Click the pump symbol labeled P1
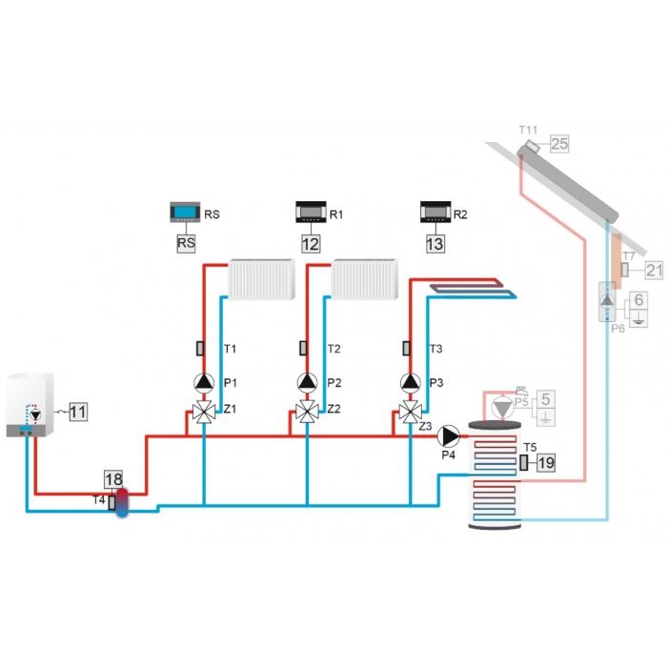click(204, 382)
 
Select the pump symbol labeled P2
click(307, 382)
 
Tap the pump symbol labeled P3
click(411, 382)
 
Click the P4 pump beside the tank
click(449, 436)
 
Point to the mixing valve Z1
click(204, 412)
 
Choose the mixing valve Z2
click(307, 412)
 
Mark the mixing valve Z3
click(411, 412)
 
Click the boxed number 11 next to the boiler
click(78, 412)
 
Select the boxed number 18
click(113, 479)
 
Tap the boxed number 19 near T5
click(546, 462)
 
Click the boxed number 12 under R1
click(311, 244)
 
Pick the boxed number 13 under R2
click(435, 244)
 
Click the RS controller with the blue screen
click(185, 212)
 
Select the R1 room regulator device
click(311, 212)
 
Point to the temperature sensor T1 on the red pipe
click(199, 349)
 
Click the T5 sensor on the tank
click(524, 462)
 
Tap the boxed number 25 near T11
click(559, 144)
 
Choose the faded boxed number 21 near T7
click(655, 271)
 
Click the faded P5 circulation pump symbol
click(503, 408)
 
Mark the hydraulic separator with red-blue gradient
click(122, 502)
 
